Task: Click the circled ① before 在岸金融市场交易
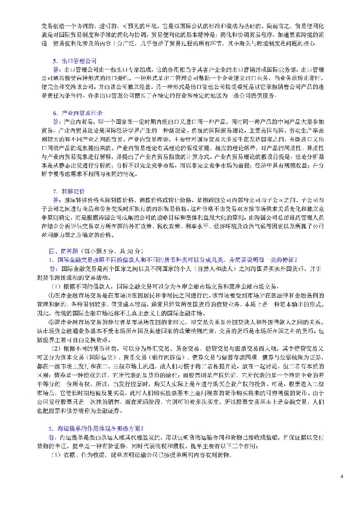pyautogui.click(x=53, y=294)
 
